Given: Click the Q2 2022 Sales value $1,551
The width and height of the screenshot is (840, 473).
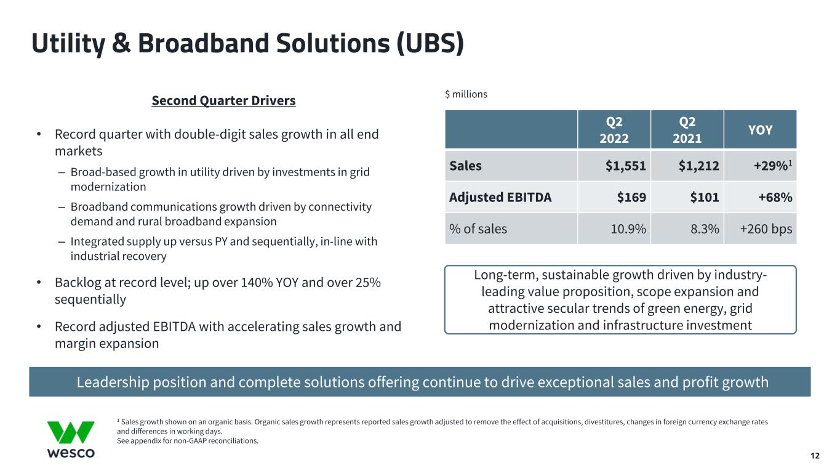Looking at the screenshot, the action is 625,166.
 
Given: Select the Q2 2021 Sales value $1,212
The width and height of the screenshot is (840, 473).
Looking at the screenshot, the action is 698,166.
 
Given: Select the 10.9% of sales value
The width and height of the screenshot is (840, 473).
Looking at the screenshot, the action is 628,228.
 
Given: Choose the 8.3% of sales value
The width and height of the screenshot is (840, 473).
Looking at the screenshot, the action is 705,228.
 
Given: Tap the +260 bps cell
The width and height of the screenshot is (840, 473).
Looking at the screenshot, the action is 766,229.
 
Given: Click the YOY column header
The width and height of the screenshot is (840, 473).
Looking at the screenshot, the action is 760,130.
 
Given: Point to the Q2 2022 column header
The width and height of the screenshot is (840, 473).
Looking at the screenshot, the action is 614,130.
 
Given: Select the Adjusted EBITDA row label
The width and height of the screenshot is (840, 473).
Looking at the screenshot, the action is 500,198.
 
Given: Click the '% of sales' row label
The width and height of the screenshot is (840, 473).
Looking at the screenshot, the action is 478,228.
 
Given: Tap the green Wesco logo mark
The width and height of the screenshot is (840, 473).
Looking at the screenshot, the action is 71,432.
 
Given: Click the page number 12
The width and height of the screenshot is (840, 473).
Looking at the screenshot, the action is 815,456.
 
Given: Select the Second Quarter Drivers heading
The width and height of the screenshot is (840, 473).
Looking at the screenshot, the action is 223,100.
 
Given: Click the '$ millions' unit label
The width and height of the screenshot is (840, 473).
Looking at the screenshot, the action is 466,94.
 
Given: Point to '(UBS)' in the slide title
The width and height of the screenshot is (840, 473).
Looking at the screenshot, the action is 430,44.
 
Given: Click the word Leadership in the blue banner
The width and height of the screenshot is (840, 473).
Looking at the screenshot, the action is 113,382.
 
